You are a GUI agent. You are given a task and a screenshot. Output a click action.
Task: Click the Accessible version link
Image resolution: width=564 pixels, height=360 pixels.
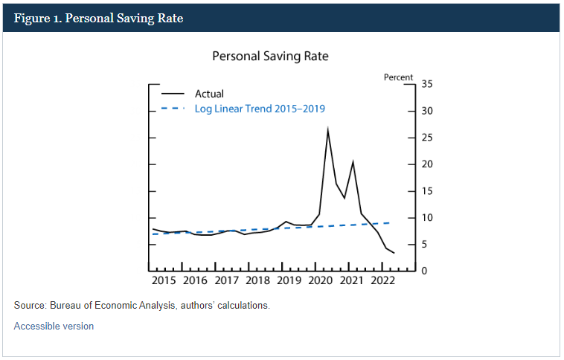coord(54,326)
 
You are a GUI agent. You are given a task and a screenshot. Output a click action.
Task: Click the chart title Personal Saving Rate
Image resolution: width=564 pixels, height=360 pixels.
coord(270,56)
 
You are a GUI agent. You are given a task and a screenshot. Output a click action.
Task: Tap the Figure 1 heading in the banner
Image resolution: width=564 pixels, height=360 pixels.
coord(98,19)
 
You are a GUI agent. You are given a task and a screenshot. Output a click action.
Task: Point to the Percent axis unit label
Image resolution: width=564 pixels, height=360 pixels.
coord(398,77)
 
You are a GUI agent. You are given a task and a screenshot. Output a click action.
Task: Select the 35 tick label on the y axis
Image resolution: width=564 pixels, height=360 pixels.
coord(427,84)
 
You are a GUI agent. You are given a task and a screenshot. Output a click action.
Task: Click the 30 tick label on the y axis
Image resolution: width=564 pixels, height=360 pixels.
coord(427,111)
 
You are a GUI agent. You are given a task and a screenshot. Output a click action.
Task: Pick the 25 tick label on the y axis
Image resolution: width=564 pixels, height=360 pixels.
coord(427,138)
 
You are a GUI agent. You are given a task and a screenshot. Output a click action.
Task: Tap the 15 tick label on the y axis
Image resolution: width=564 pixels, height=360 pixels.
coord(427,191)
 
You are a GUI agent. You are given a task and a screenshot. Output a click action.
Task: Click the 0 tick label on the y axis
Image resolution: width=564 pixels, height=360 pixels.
coord(424,271)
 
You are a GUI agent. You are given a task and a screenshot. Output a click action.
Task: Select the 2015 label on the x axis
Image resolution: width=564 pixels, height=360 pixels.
coord(163,280)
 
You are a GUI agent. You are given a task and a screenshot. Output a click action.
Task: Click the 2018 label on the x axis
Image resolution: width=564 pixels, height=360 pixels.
coord(257,280)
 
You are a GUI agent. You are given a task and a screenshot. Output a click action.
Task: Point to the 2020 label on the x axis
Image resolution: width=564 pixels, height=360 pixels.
coord(321,280)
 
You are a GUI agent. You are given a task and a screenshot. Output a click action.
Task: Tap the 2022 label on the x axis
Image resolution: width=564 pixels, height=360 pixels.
coord(383,280)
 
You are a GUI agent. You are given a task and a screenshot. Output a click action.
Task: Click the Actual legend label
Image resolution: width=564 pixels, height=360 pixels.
coord(209,94)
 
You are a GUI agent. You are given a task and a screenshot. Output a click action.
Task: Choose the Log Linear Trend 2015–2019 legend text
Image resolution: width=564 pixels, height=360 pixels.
coord(260,109)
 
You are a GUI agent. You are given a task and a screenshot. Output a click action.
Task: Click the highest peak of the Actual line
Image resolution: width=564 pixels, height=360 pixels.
coord(327,129)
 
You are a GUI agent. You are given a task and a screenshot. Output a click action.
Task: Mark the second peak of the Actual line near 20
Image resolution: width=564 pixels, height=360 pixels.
coord(353,161)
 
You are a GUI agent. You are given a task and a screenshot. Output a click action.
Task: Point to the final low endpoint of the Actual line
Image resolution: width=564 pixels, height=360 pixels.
coord(394,254)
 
